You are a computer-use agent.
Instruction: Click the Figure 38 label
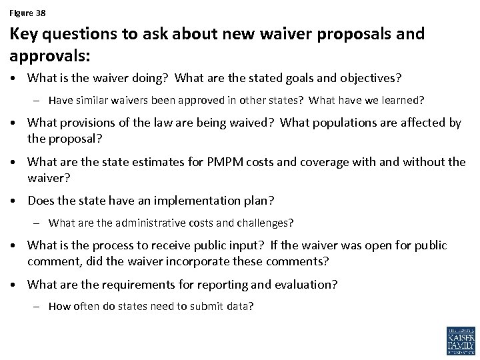tap(27, 13)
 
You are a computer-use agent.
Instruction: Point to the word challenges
tap(266, 222)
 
